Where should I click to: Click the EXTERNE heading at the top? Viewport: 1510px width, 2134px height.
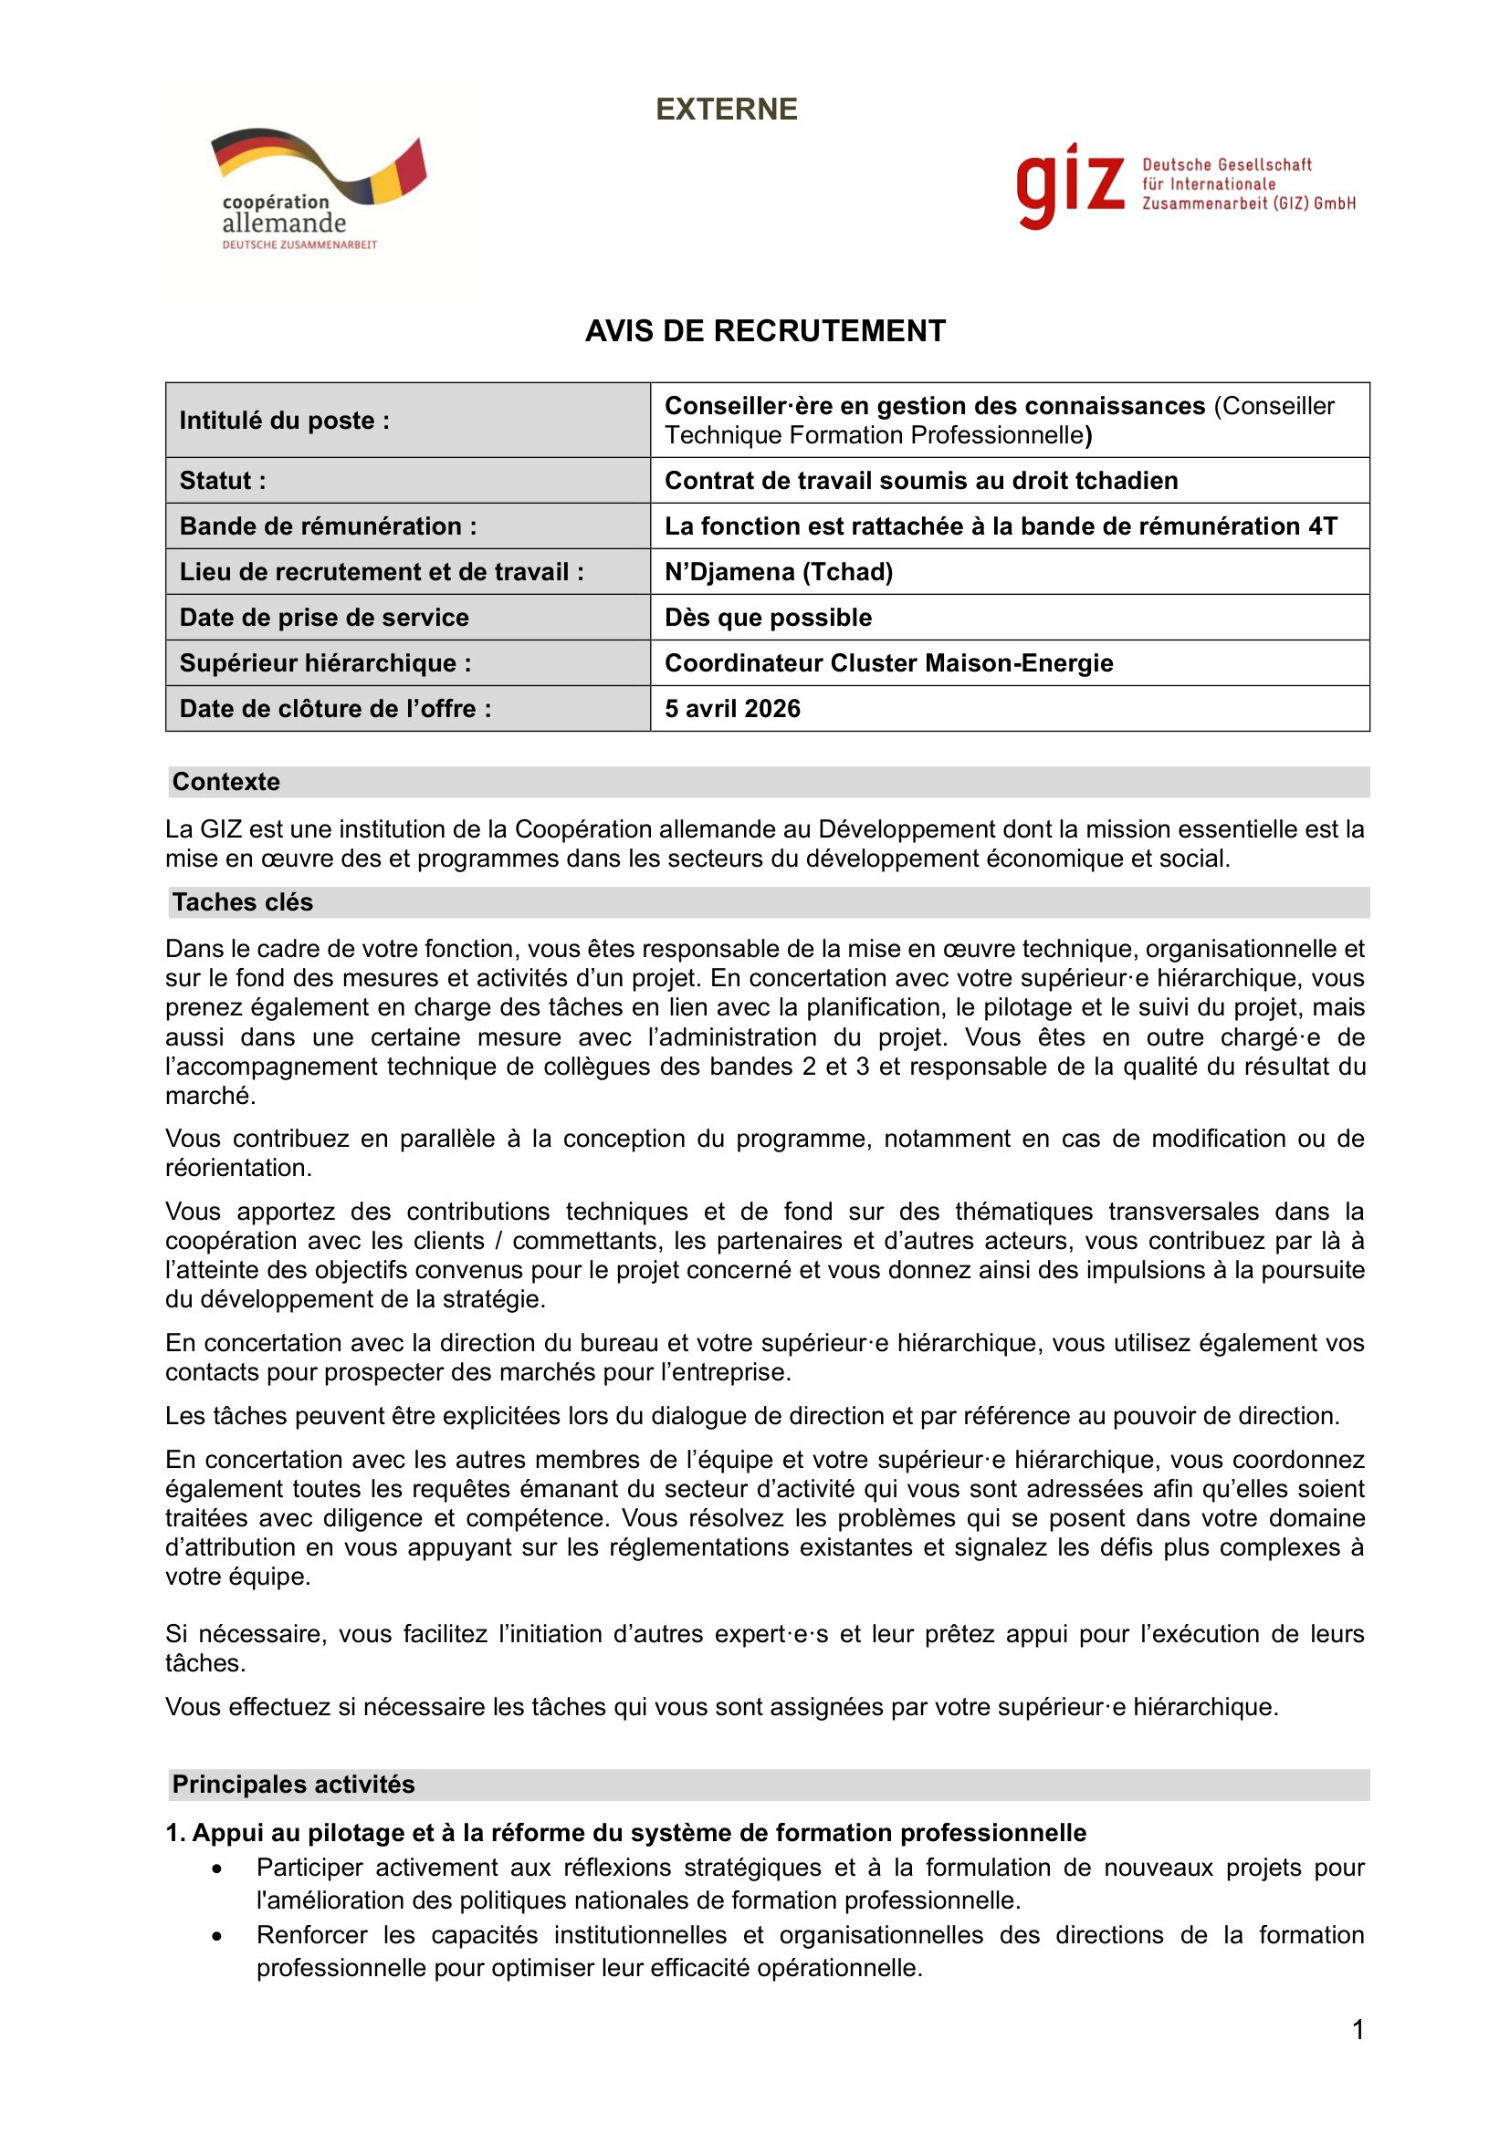pyautogui.click(x=726, y=109)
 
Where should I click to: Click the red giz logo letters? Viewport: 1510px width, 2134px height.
pyautogui.click(x=1069, y=185)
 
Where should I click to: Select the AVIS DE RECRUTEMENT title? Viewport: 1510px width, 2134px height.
pyautogui.click(x=764, y=331)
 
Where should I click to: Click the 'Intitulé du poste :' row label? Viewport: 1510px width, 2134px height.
pyautogui.click(x=285, y=420)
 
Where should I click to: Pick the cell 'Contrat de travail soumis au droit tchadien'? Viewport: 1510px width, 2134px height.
pyautogui.click(x=920, y=481)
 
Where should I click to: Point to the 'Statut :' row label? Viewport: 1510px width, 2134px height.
pyautogui.click(x=223, y=481)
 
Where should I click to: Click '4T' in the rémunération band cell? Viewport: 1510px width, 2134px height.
pyautogui.click(x=1322, y=526)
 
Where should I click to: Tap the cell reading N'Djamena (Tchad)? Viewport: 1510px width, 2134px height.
pyautogui.click(x=778, y=572)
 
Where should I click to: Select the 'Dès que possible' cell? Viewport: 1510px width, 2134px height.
pyautogui.click(x=768, y=617)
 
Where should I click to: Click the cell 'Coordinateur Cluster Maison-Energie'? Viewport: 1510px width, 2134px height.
pyautogui.click(x=888, y=662)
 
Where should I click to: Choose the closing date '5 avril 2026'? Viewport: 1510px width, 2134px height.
pyautogui.click(x=732, y=708)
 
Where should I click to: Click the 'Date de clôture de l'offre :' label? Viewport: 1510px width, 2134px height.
pyautogui.click(x=335, y=708)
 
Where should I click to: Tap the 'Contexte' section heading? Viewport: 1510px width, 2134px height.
pyautogui.click(x=225, y=782)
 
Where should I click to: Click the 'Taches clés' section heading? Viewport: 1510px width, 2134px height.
pyautogui.click(x=243, y=902)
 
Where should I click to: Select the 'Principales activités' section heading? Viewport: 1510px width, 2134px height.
pyautogui.click(x=294, y=1785)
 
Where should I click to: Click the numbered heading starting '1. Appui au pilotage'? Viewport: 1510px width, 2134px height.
pyautogui.click(x=625, y=1833)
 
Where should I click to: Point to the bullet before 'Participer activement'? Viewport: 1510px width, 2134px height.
pyautogui.click(x=217, y=1869)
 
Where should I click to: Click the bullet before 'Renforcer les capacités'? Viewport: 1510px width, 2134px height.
pyautogui.click(x=217, y=1937)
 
